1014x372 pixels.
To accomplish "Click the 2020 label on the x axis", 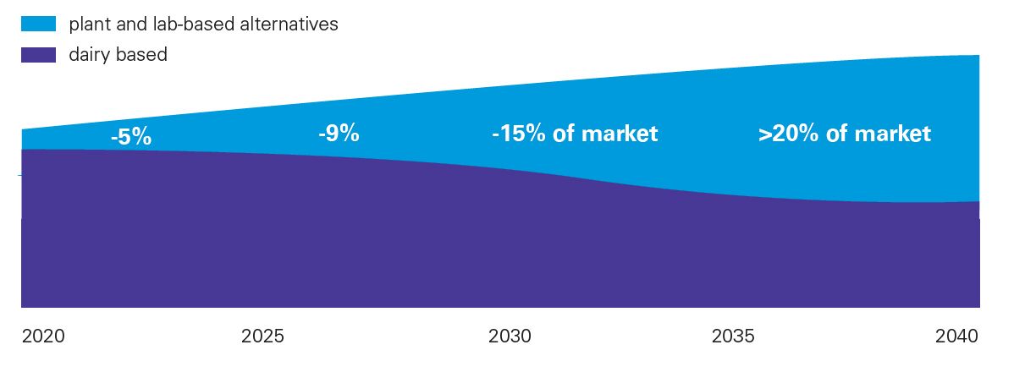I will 42,336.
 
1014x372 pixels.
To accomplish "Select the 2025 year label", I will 262,336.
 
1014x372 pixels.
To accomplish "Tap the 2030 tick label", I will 510,336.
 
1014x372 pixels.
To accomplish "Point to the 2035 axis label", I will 733,336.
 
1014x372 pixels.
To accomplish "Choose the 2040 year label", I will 956,336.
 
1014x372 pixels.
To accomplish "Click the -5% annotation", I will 131,137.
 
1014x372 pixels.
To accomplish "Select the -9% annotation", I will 339,133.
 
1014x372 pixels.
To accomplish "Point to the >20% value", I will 786,134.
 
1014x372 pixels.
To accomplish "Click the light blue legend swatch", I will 39,25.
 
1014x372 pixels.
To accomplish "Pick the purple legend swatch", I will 39,55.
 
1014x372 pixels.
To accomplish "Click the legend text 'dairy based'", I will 118,55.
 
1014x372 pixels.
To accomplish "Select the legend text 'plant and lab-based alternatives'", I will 204,25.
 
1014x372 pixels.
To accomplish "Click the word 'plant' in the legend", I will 89,25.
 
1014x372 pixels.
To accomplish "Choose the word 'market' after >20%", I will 894,134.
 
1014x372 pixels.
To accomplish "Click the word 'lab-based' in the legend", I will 194,25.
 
